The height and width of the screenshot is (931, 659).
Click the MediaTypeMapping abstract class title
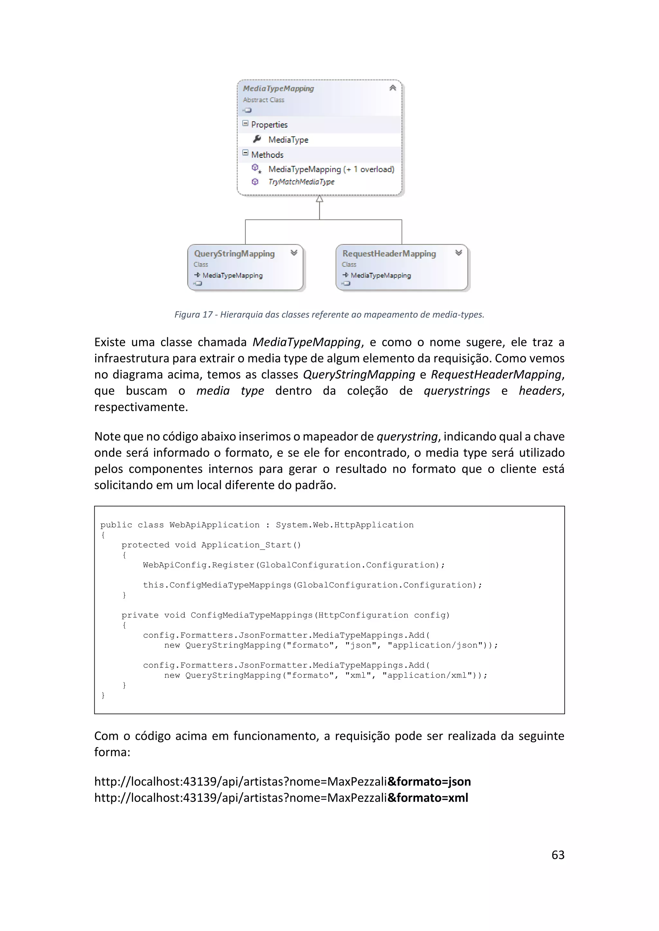pos(278,88)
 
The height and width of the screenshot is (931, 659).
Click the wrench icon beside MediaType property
pos(257,139)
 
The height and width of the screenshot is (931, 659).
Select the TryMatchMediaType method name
pos(301,182)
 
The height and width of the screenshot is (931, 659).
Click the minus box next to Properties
pos(245,123)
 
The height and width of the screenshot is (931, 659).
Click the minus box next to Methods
pos(245,153)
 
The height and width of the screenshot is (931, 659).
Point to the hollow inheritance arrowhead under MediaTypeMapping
pos(319,199)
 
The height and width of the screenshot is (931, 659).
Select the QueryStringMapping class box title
pos(234,253)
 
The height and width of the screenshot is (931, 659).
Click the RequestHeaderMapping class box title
pos(389,253)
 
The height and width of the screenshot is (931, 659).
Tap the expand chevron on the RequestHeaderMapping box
pos(459,253)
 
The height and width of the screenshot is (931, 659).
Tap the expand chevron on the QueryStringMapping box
pos(294,253)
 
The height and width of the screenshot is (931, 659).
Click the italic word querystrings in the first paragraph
pos(457,391)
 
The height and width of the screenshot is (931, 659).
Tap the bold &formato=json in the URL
pos(429,782)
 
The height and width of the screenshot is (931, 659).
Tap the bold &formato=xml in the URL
pos(428,798)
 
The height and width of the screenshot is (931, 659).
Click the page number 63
pos(558,855)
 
